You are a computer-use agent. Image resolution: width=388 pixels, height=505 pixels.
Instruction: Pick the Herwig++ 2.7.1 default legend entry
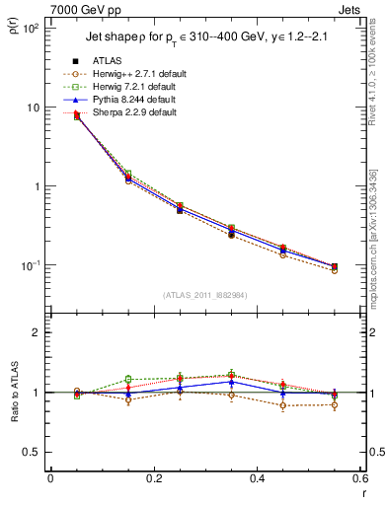tap(140, 74)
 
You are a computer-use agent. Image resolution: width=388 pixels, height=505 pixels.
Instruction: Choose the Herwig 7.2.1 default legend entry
tap(138, 87)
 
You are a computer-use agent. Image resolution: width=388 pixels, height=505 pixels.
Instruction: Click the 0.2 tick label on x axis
tap(153, 479)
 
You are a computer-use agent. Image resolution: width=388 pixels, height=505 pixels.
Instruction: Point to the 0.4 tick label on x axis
tap(257, 479)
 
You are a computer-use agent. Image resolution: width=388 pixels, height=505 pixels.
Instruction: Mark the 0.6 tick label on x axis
tap(359, 479)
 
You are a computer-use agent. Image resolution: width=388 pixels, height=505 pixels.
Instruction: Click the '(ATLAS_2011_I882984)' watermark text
tap(205, 294)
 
